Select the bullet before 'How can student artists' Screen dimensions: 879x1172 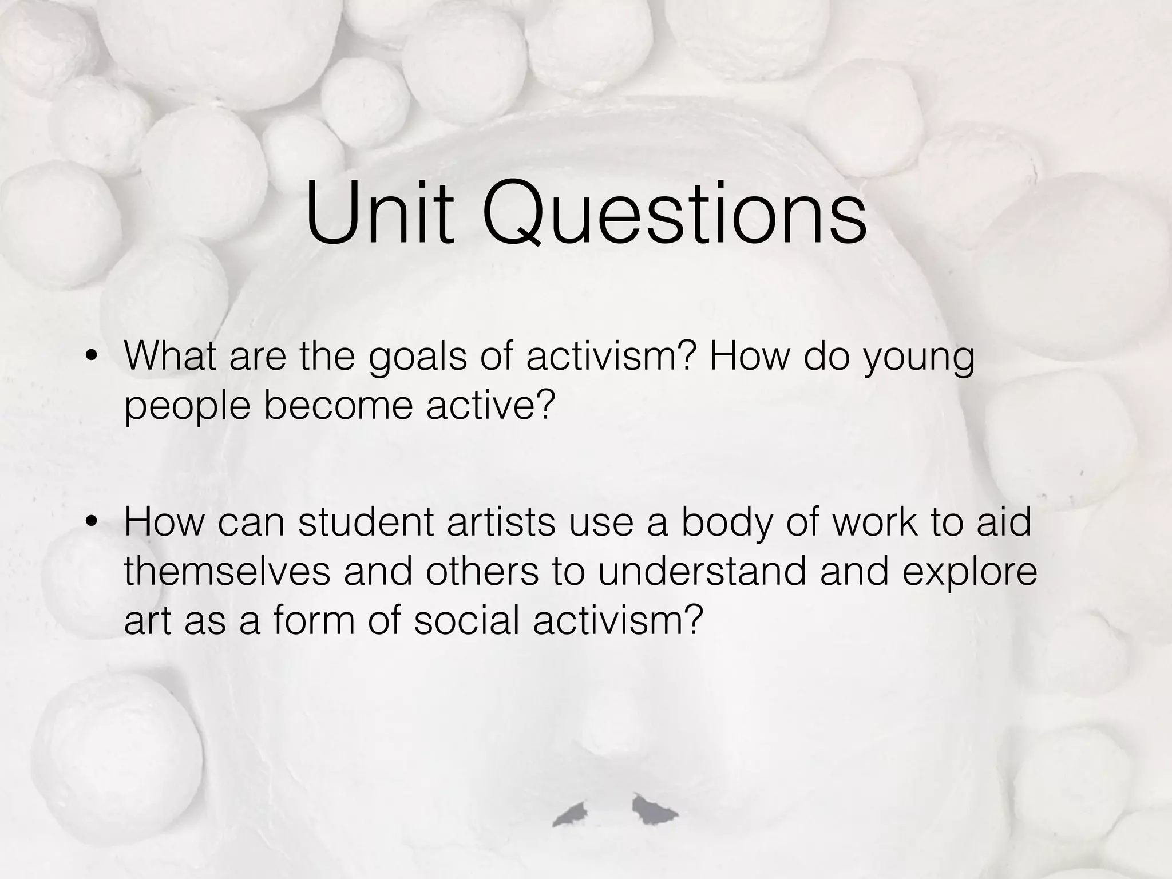click(90, 521)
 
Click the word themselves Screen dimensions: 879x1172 click(227, 571)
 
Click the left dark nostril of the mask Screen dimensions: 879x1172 click(572, 814)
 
